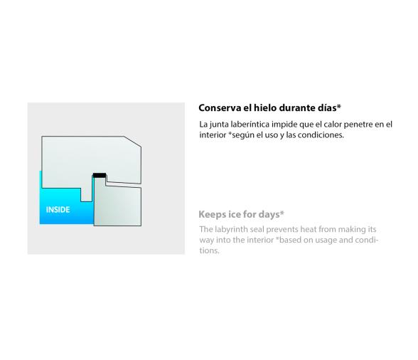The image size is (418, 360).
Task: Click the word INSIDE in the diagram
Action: pyautogui.click(x=58, y=209)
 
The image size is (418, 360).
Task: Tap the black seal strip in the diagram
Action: pyautogui.click(x=100, y=175)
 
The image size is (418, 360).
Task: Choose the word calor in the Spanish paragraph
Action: pyautogui.click(x=333, y=124)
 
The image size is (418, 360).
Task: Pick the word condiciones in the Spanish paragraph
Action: pyautogui.click(x=321, y=134)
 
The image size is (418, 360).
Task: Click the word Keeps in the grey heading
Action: pyautogui.click(x=210, y=214)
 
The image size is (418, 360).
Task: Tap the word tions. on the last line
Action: pyautogui.click(x=210, y=250)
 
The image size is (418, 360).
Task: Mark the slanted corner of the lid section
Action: pyautogui.click(x=132, y=142)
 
